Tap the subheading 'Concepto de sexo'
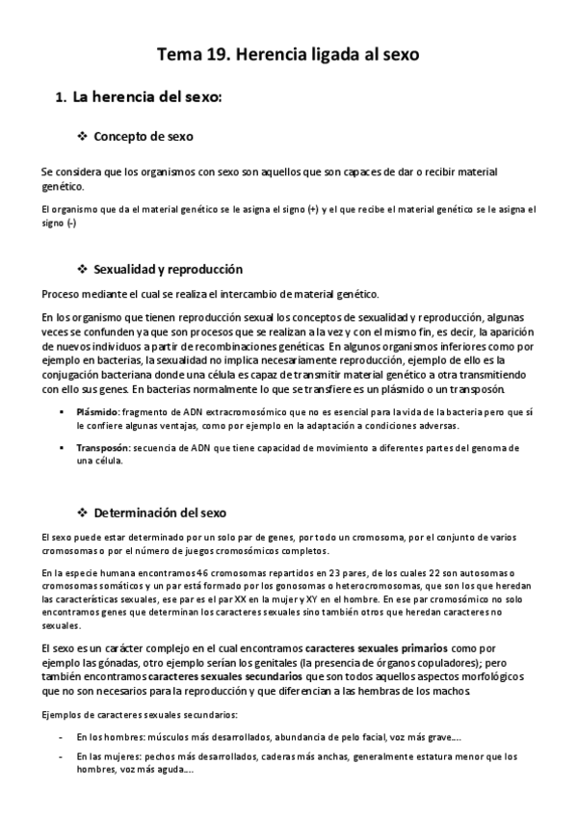143,137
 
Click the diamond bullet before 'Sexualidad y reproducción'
82,269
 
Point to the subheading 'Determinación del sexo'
160,512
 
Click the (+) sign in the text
314,209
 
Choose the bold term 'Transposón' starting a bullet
102,448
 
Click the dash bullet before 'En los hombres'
62,737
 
